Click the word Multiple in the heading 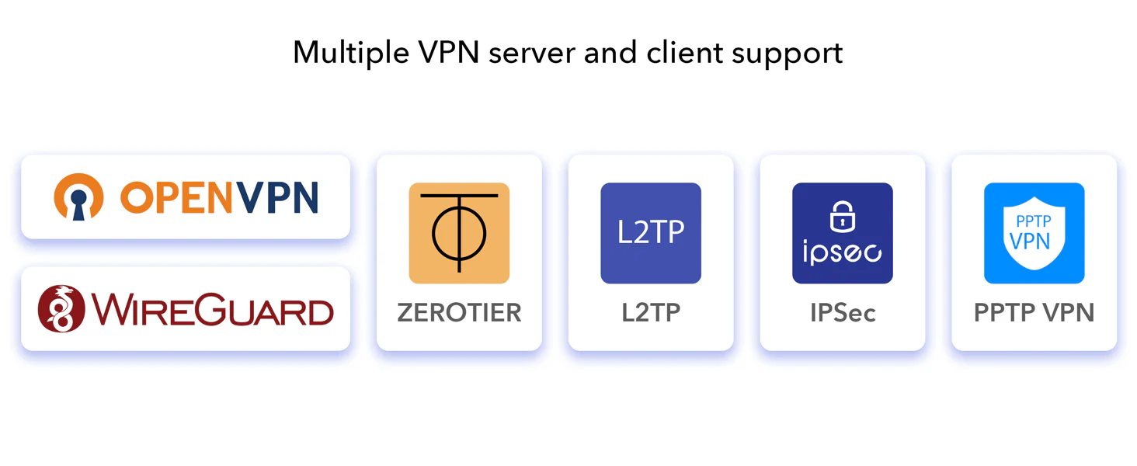(348, 53)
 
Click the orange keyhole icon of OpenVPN (78, 197)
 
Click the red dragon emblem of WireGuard (61, 308)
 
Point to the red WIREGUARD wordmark (212, 310)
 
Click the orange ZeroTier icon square (459, 233)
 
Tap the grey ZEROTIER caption (459, 313)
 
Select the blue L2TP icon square (651, 233)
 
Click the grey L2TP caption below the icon (651, 313)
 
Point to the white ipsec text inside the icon (842, 252)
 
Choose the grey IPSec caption (843, 313)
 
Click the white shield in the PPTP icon (1034, 233)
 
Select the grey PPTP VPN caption (1034, 313)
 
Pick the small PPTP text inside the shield (1034, 221)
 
